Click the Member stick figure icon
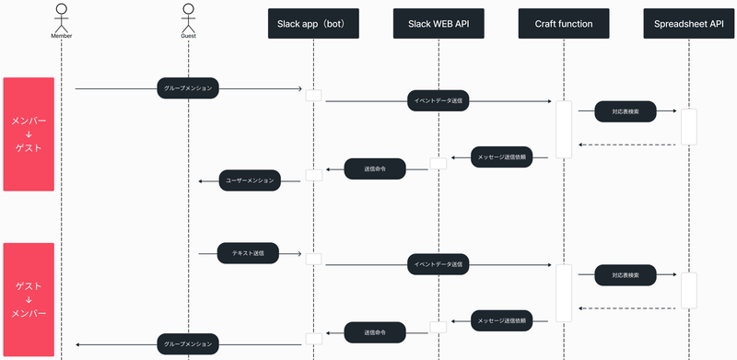[x=62, y=17]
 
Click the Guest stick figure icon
[x=188, y=17]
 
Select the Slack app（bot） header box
[x=313, y=22]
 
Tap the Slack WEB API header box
[x=438, y=22]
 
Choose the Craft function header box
[x=563, y=22]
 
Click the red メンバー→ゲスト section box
[x=29, y=134]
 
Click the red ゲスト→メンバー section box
[x=29, y=299]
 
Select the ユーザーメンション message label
[x=250, y=180]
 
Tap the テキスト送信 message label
[x=248, y=252]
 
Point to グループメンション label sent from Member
[x=188, y=88]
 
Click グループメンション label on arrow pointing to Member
[x=188, y=343]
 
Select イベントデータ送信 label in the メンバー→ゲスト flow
[x=438, y=101]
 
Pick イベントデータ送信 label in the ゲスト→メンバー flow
[x=438, y=265]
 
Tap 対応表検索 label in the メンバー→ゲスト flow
[x=626, y=111]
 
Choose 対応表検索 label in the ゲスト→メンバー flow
[x=626, y=275]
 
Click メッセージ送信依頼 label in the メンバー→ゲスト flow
[x=502, y=157]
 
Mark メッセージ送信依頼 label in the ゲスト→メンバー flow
[x=502, y=321]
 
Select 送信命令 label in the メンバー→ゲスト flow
[x=375, y=168]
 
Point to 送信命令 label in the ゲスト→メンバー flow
[x=375, y=331]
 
